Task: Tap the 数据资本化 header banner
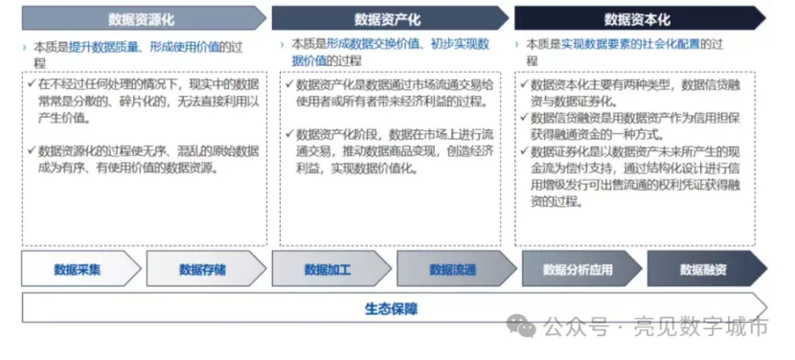tap(640, 19)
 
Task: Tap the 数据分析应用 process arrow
tap(581, 269)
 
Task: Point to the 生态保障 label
tap(391, 308)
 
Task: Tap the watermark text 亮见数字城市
tap(701, 327)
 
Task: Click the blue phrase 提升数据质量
tap(99, 48)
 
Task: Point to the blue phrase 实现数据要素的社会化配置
tap(630, 44)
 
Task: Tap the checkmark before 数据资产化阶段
tap(289, 135)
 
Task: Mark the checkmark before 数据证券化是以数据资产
tap(524, 151)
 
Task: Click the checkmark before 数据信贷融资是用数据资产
tap(524, 118)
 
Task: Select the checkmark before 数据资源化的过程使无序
tap(32, 151)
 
